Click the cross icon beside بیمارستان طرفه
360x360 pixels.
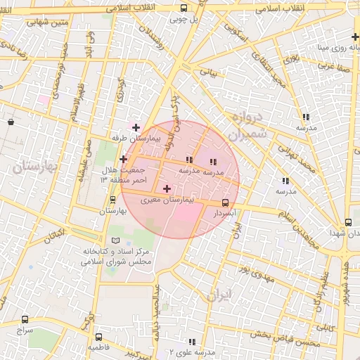pyautogui.click(x=136, y=127)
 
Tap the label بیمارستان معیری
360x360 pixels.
pyautogui.click(x=167, y=200)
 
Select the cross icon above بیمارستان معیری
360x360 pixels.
pyautogui.click(x=167, y=188)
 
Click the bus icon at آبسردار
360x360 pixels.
pyautogui.click(x=225, y=202)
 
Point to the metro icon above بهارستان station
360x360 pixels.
pyautogui.click(x=112, y=200)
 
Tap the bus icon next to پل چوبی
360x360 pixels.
pyautogui.click(x=184, y=8)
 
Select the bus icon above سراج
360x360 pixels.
pyautogui.click(x=26, y=320)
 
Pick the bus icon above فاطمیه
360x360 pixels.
pyautogui.click(x=98, y=337)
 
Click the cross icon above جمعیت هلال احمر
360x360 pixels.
pyautogui.click(x=123, y=159)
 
